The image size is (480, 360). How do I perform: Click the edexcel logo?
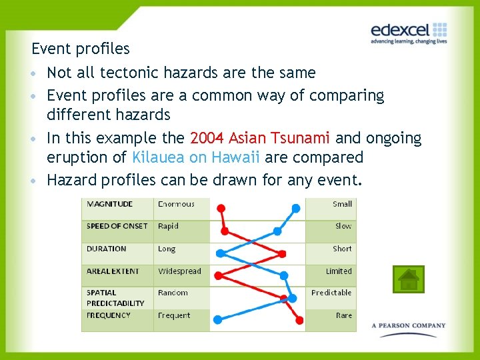click(408, 31)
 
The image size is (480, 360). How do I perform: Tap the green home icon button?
click(408, 279)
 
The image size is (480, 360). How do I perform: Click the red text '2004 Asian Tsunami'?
click(260, 139)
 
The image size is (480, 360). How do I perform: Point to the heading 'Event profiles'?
click(81, 49)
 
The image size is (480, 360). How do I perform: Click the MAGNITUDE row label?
click(110, 204)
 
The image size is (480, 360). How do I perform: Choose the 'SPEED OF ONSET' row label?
click(117, 226)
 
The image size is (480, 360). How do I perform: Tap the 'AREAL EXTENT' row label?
click(113, 271)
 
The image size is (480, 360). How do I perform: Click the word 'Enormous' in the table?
click(176, 204)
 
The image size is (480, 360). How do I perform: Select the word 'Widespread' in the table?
click(179, 271)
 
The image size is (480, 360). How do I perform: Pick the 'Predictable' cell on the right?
click(331, 293)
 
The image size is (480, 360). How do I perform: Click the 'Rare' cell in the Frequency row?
click(344, 315)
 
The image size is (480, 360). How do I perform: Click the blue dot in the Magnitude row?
click(295, 208)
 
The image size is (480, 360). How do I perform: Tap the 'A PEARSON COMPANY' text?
click(409, 326)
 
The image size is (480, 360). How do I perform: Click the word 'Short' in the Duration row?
click(342, 249)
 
